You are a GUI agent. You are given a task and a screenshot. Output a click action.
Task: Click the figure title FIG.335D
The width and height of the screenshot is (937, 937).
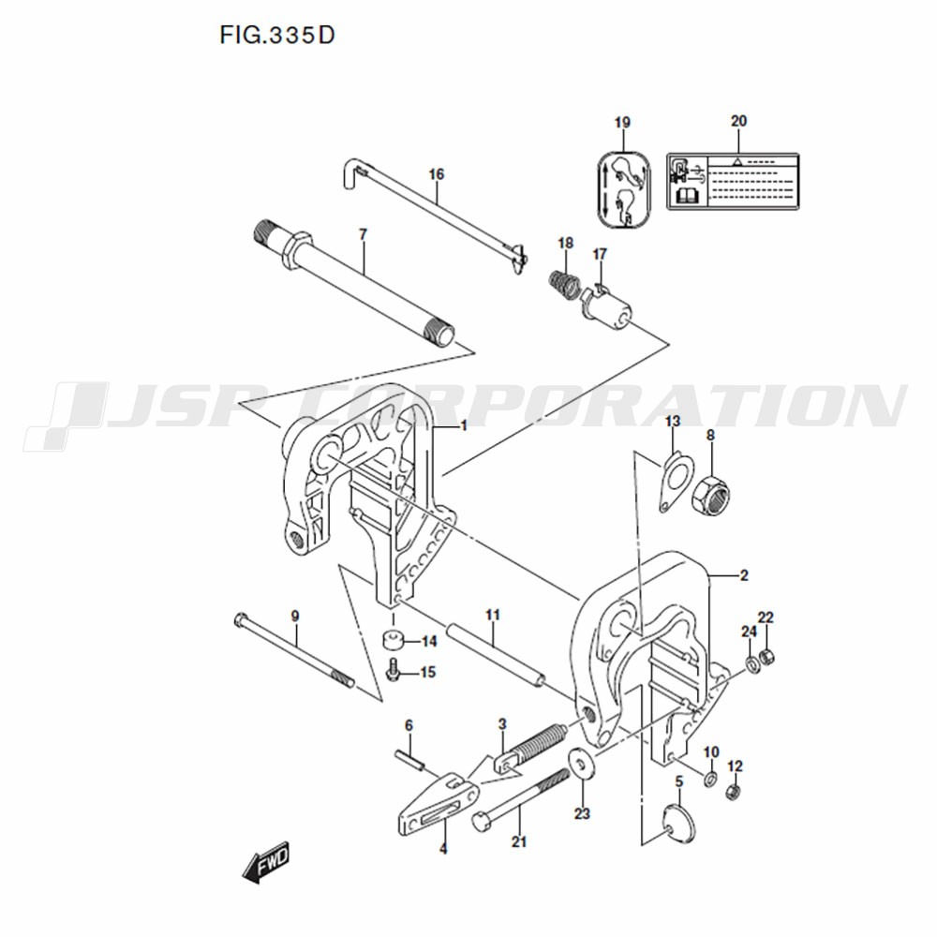(277, 36)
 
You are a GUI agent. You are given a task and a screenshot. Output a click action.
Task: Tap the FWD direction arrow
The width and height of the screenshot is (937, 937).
(266, 861)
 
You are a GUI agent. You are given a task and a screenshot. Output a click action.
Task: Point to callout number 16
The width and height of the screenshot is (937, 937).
(437, 174)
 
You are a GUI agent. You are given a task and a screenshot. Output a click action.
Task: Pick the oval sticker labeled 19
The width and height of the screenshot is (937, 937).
(624, 189)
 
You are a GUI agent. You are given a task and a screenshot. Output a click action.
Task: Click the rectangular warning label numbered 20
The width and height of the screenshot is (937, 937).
(733, 181)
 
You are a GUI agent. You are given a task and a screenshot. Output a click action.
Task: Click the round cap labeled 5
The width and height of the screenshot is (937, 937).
(680, 823)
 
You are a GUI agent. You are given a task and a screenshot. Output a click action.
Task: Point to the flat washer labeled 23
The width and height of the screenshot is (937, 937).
(579, 763)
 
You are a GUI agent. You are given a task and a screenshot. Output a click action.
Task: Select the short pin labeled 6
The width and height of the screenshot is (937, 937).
(409, 760)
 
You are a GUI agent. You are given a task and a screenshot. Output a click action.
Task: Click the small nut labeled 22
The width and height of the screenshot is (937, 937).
(769, 657)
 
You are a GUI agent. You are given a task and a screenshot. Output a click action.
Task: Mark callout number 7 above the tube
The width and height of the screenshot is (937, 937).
(363, 234)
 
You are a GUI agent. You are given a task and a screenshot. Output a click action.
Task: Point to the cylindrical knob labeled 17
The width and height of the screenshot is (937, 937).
(606, 305)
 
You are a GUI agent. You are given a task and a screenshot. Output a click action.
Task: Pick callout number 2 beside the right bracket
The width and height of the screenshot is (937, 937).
(744, 575)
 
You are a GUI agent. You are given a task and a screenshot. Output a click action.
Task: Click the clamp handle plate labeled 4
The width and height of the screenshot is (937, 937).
(438, 804)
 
